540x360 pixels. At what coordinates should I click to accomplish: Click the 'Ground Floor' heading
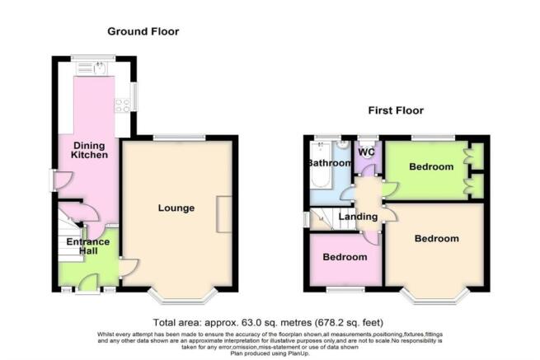[143, 31]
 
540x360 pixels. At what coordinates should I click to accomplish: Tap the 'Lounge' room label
[176, 208]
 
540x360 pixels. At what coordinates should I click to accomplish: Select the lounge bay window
[183, 295]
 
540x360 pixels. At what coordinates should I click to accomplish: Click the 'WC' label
[366, 152]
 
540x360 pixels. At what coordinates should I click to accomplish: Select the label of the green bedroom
[432, 167]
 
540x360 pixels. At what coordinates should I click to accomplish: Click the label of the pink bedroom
[344, 257]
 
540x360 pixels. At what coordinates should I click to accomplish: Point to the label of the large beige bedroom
[436, 239]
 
